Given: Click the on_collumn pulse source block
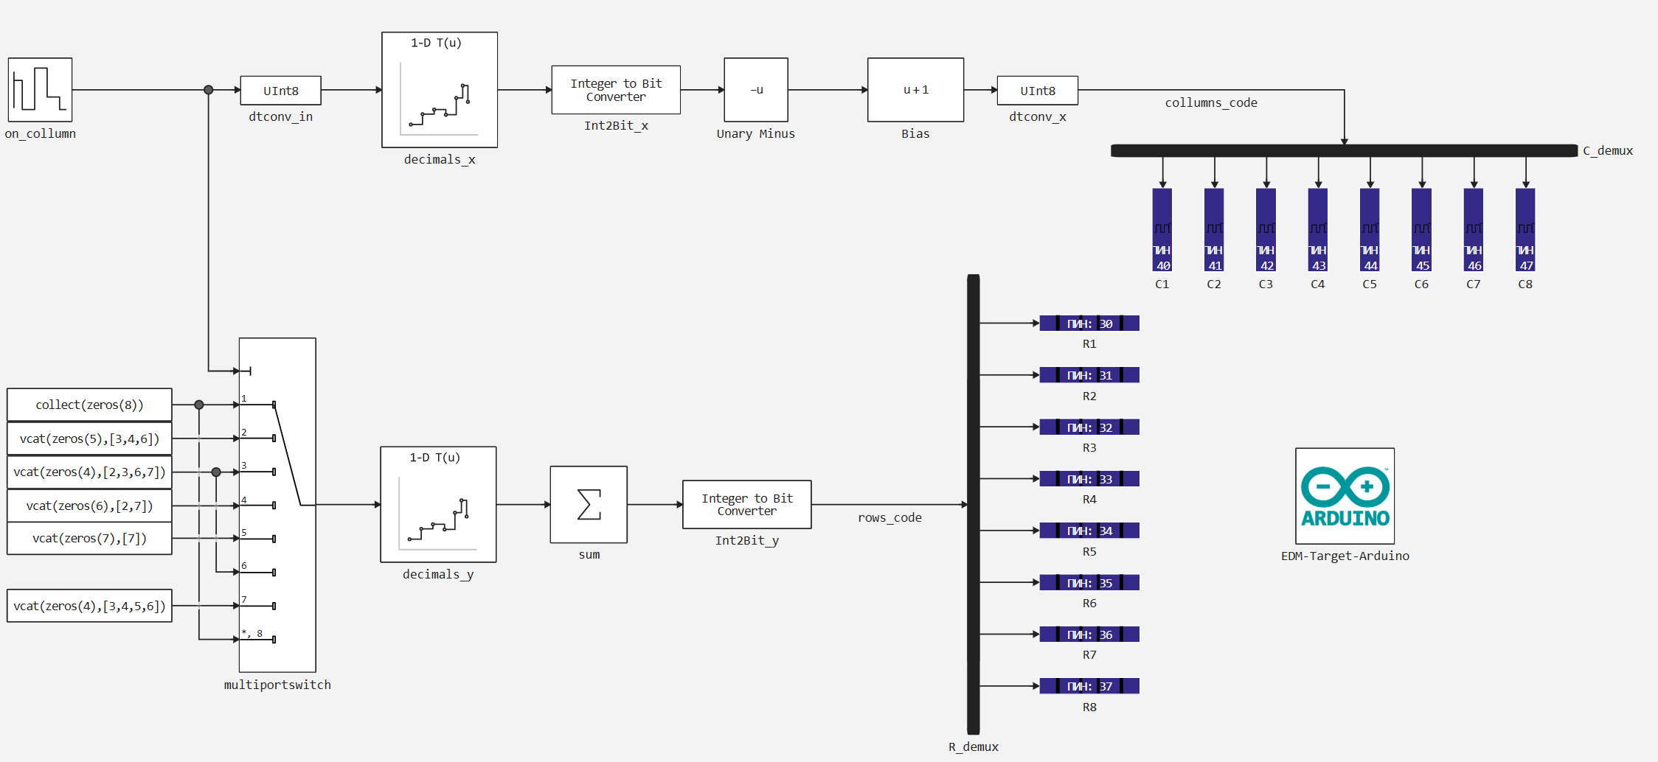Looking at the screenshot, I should coord(40,90).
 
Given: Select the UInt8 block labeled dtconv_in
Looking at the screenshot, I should coord(280,91).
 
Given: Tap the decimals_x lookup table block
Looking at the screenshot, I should coord(440,90).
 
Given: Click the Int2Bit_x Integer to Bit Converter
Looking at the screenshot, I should coord(616,90).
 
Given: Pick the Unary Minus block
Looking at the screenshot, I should coord(756,90).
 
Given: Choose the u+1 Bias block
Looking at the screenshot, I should coord(915,90).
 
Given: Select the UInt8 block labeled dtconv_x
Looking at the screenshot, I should coord(1037,91).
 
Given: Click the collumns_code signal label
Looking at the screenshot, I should coord(1211,103).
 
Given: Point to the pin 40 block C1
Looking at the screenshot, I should coord(1162,230).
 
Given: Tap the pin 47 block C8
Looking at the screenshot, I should coord(1525,230).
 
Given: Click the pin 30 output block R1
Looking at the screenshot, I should coord(1089,324).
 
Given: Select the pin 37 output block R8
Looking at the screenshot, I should coord(1089,686).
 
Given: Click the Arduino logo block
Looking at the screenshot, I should coord(1345,496).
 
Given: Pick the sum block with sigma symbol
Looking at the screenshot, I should coord(589,505).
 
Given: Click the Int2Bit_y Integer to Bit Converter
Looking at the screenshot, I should coord(746,505).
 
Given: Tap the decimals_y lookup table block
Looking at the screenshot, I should coord(438,505).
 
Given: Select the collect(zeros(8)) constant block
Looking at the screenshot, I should coord(89,405).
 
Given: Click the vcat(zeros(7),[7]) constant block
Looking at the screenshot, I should coord(89,539).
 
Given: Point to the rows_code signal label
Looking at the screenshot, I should coord(889,518).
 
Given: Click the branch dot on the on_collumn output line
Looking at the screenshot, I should coord(209,90).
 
